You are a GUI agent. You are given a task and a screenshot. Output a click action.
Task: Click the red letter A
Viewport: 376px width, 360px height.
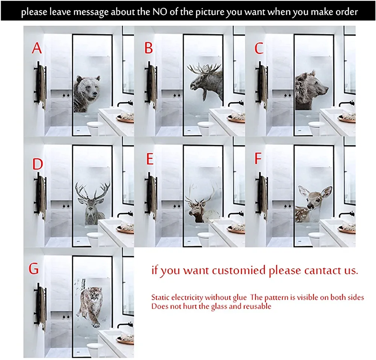[37, 48]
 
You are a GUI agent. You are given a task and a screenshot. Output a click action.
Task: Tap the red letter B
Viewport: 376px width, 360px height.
[149, 48]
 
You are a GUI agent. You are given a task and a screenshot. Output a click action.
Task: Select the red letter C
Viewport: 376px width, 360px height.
[259, 48]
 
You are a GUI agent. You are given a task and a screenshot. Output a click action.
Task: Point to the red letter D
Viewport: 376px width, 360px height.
[38, 164]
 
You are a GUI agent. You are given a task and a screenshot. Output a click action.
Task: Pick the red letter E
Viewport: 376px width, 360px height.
[150, 159]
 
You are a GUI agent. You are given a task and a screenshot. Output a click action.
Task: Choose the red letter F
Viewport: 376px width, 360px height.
[258, 158]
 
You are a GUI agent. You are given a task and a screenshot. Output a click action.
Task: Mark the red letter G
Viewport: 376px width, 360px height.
[33, 268]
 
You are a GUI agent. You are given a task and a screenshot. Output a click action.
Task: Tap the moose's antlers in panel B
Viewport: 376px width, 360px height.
[204, 68]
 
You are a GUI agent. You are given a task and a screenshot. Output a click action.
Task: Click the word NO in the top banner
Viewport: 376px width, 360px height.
[160, 12]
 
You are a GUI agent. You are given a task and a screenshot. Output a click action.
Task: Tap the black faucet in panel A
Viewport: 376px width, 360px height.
[125, 103]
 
